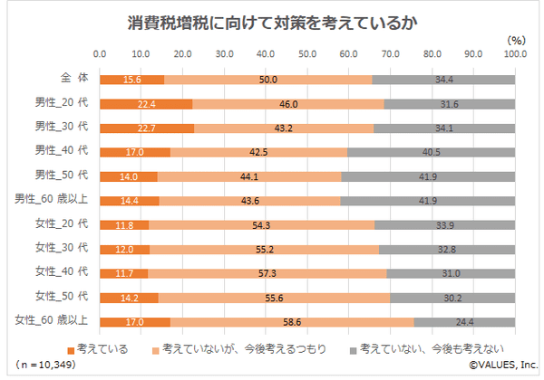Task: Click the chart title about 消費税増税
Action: [271, 19]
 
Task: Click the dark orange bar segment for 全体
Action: [131, 81]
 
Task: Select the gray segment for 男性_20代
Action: [450, 104]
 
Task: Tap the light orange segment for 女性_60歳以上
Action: [292, 321]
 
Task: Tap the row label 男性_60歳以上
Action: [53, 199]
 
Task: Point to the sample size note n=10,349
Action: [45, 365]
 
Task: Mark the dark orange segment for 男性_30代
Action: [147, 128]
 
